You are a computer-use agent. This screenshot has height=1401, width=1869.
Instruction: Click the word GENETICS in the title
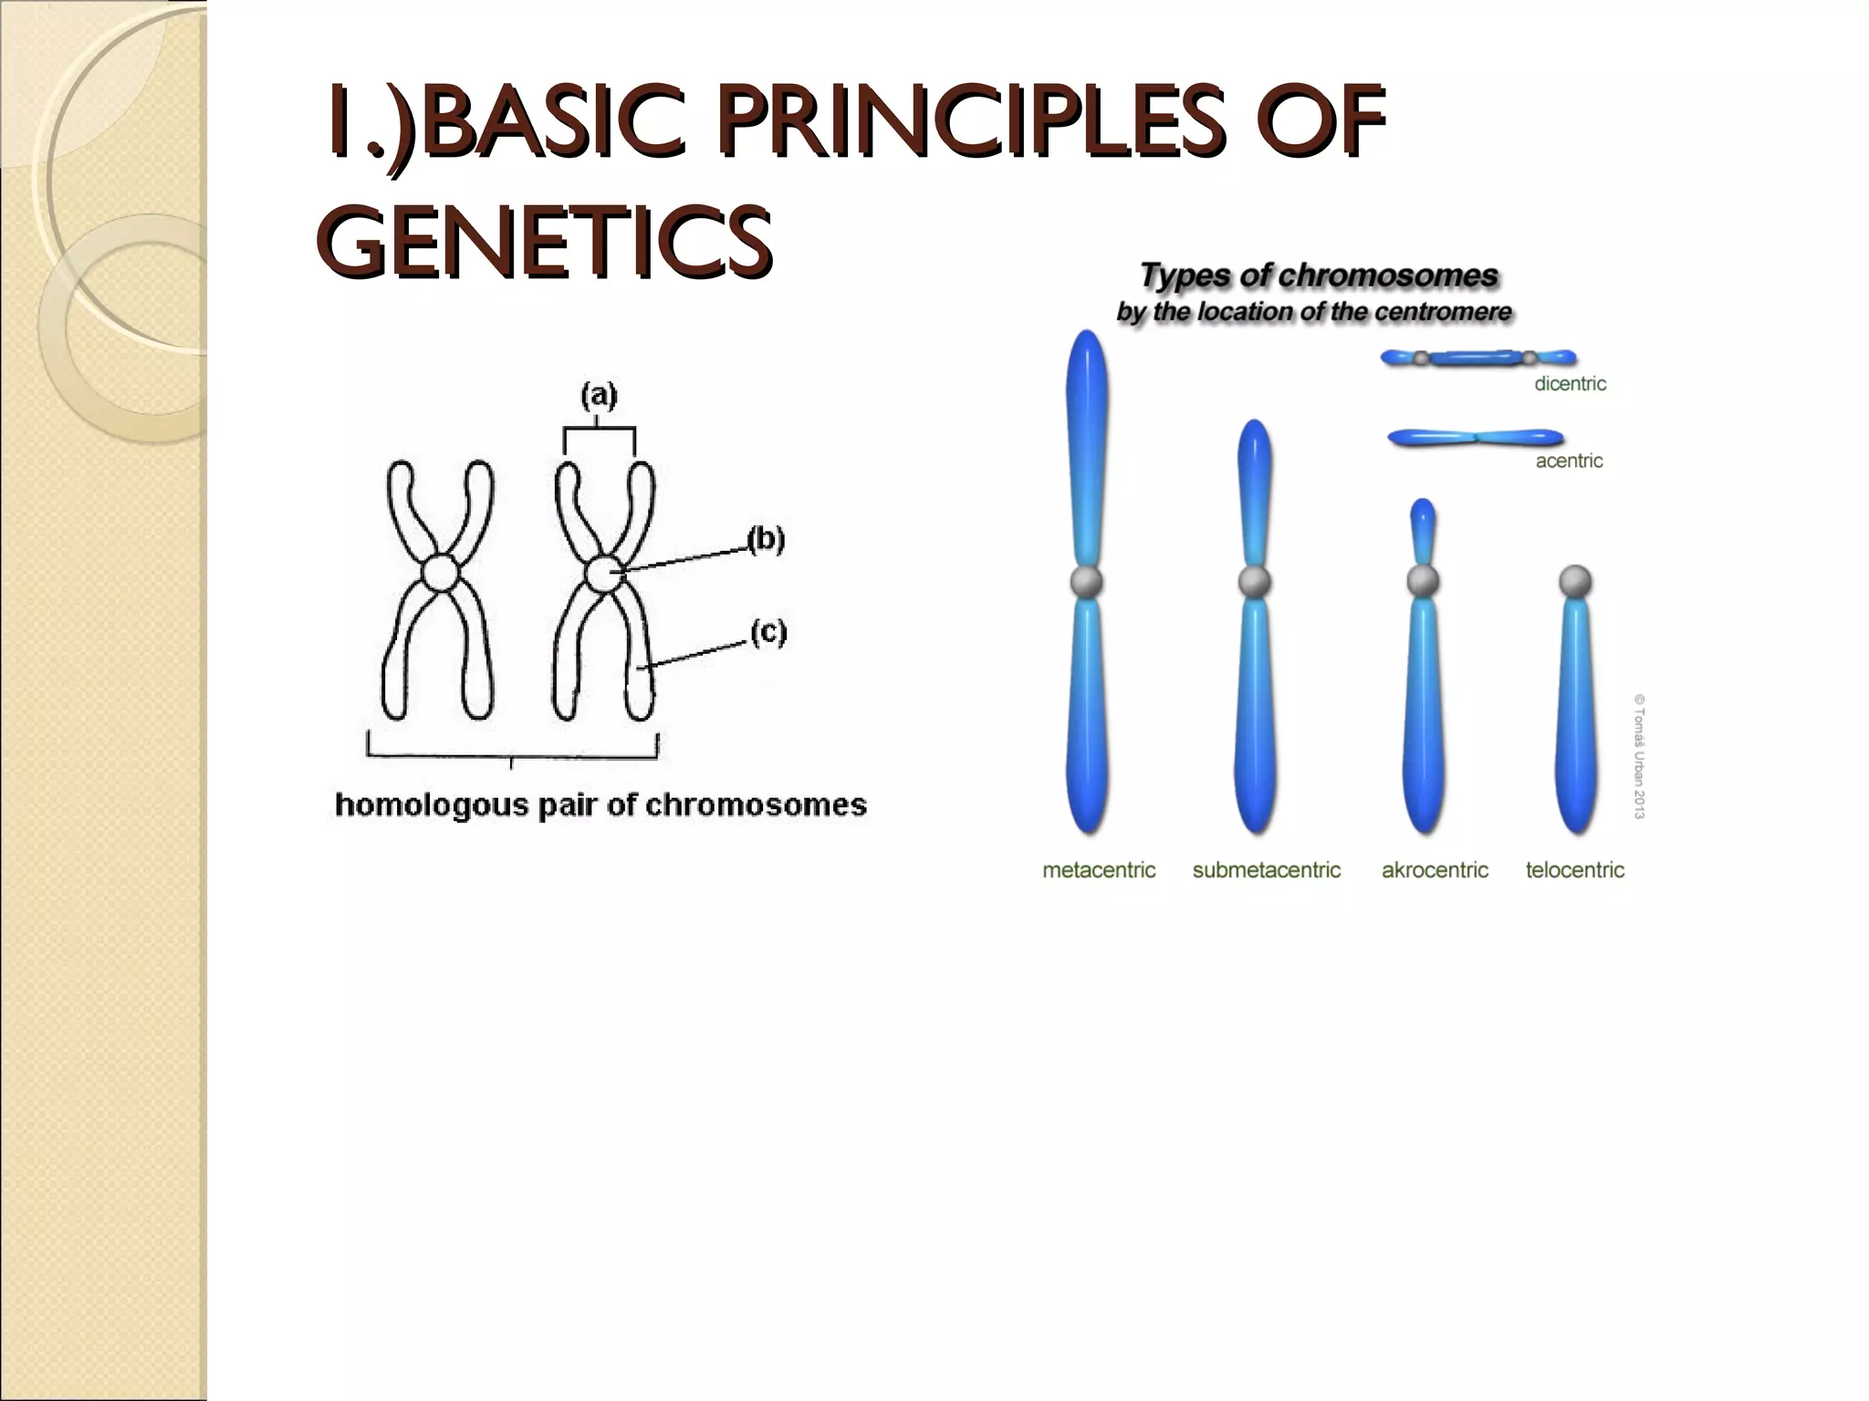(x=546, y=241)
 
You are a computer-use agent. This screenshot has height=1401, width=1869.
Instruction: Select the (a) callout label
(x=599, y=395)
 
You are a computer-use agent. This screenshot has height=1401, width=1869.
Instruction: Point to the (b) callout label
(x=766, y=539)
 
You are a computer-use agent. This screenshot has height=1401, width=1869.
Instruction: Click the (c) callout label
(x=768, y=631)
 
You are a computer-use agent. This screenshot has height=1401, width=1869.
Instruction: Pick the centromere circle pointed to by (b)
(x=602, y=574)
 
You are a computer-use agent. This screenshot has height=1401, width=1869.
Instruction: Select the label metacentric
(x=1099, y=870)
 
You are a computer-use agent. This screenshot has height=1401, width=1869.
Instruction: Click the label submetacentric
(x=1266, y=870)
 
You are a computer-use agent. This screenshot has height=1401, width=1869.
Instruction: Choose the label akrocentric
(x=1435, y=870)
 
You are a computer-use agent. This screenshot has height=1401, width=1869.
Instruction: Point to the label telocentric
(x=1575, y=870)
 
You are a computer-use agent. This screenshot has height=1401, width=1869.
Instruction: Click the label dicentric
(x=1570, y=384)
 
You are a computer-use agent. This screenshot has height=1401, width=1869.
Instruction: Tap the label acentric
(x=1569, y=462)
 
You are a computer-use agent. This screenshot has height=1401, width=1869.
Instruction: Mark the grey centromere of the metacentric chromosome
(x=1086, y=581)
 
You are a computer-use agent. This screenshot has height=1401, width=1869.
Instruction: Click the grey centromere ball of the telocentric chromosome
(x=1575, y=580)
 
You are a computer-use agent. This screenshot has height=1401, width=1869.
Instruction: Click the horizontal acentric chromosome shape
(x=1475, y=439)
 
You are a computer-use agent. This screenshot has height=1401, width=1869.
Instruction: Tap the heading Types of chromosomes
(x=1319, y=275)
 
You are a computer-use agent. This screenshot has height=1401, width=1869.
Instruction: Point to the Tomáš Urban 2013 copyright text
(x=1639, y=756)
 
